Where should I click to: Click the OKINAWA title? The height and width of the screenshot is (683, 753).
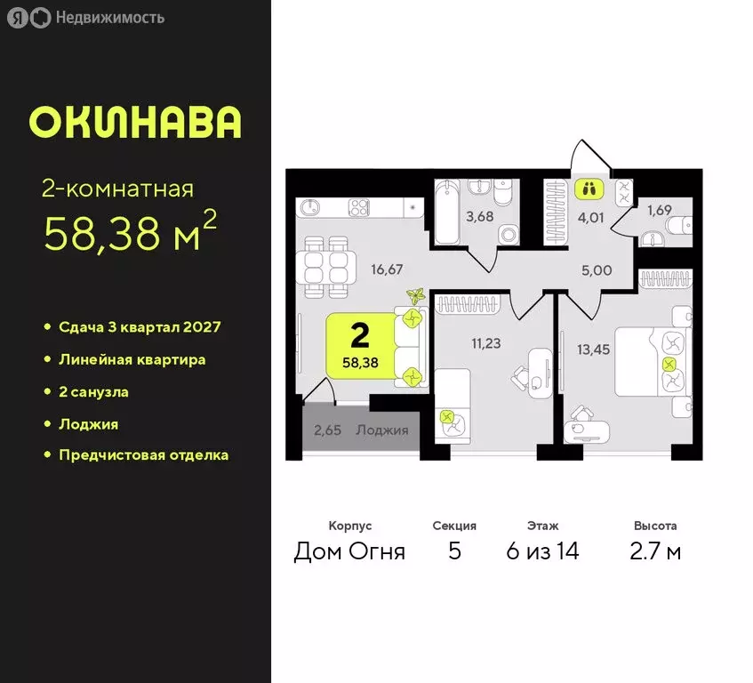coord(135,123)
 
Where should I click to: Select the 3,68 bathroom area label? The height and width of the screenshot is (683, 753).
coord(479,216)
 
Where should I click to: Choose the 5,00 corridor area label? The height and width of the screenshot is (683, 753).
coord(597,270)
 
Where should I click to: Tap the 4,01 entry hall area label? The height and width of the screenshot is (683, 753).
coord(589,214)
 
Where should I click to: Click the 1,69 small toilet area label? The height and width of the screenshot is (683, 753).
coord(660,211)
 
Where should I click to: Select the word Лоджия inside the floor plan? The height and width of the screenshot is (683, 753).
coord(382,430)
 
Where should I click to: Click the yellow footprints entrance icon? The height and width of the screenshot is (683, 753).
coord(589,189)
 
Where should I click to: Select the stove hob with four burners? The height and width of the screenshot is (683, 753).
coord(360,207)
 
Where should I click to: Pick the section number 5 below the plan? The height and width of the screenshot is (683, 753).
coord(454,551)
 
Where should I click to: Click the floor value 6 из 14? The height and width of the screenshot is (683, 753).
coord(542,551)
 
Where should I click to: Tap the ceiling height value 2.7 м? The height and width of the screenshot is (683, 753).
coord(656,551)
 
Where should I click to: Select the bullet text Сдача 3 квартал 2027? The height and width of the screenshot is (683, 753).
coord(140,327)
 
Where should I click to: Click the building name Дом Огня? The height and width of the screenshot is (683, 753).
coord(349,551)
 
